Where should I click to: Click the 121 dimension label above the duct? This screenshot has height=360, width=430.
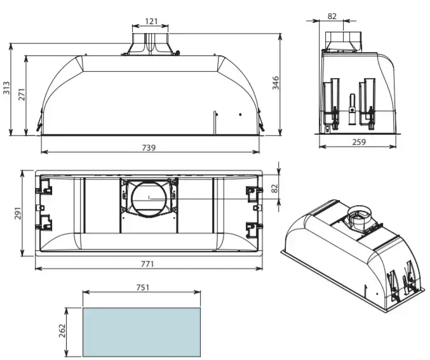tap(151, 21)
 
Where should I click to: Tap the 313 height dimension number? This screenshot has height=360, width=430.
tap(6, 88)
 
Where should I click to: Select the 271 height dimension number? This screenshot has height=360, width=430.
tap(22, 95)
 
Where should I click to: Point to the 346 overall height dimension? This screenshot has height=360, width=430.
tap(275, 83)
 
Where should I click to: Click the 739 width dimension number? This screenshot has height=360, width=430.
tap(149, 148)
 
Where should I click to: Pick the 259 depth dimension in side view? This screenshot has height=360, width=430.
tap(359, 142)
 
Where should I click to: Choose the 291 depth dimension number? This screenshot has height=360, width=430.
tap(18, 213)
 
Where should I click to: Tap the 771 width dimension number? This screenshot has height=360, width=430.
tap(147, 264)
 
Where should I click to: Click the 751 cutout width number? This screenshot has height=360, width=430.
tap(143, 288)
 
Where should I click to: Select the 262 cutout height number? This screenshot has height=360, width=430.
tap(62, 331)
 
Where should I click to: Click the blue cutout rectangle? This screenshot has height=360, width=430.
tap(142, 332)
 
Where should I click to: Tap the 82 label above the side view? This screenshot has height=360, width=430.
tap(332, 16)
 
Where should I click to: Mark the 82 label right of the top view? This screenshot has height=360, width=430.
tap(274, 189)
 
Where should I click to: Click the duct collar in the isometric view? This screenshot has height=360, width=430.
tap(359, 218)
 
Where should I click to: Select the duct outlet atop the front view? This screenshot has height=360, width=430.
tap(151, 44)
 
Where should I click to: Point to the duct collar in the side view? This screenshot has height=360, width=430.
tap(343, 41)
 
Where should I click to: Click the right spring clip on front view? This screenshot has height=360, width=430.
tap(261, 120)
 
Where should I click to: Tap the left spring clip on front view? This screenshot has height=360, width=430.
tap(39, 120)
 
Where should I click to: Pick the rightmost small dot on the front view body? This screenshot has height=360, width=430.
tap(240, 115)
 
